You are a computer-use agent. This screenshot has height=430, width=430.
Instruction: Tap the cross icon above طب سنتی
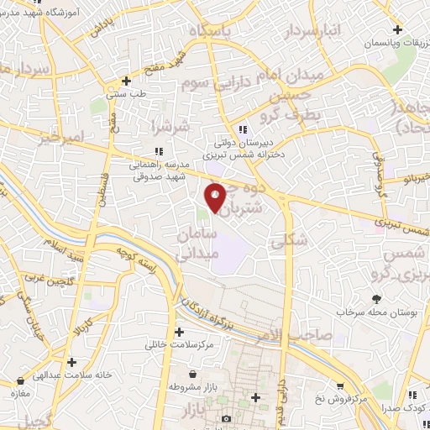[x=126, y=81]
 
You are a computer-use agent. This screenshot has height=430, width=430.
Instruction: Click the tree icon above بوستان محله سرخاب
[x=376, y=299]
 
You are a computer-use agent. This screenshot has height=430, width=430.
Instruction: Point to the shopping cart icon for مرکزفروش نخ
[x=339, y=386]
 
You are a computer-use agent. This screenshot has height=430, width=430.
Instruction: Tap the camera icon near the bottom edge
[x=226, y=418]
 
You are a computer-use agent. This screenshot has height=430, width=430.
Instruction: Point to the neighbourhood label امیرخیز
[x=63, y=136]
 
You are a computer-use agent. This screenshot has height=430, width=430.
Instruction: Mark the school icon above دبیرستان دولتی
[x=243, y=129]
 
